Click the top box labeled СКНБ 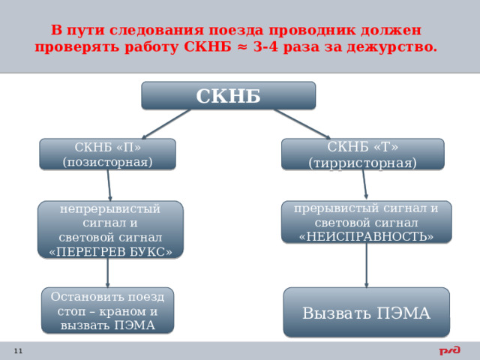coord(229,96)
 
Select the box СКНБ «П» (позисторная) coord(108,154)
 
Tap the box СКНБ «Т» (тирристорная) coord(362,154)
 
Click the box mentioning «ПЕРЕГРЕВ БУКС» coord(110,229)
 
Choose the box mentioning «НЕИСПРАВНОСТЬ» coord(366,222)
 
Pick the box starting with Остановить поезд coord(107,310)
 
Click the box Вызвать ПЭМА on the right coord(366,313)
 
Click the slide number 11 coord(18,351)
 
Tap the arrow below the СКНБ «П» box coord(109,185)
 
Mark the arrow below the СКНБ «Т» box coord(364,184)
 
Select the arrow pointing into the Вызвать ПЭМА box coord(367,265)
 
